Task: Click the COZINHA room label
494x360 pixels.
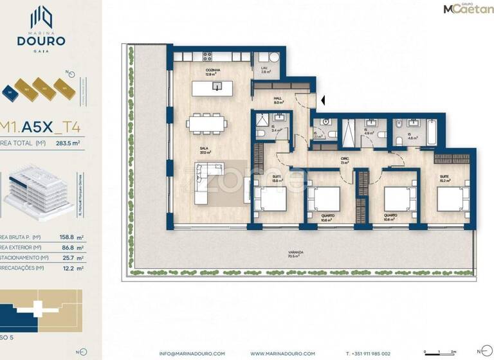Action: pos(213,71)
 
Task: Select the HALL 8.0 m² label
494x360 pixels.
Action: pos(279,100)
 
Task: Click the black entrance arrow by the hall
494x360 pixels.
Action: pos(324,100)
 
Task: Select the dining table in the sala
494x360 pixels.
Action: pos(206,122)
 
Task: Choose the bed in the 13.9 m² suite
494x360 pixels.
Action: pos(270,198)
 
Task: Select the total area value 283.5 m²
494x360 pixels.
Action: pos(67,144)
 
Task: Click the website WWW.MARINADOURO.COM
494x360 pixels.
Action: pos(282,353)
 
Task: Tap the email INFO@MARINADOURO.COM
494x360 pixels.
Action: pos(192,353)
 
